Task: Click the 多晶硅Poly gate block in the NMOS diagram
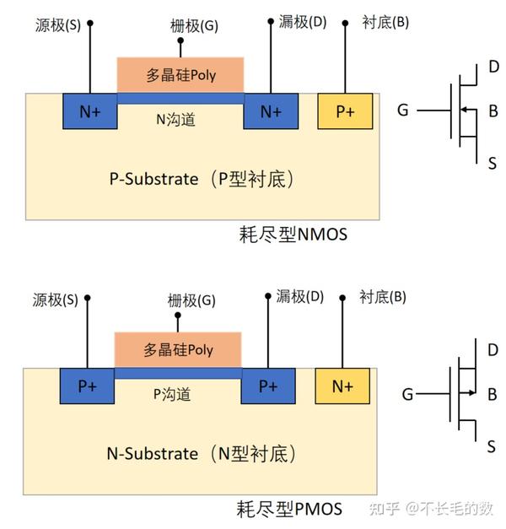tap(180, 75)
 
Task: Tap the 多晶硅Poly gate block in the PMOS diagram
tap(178, 349)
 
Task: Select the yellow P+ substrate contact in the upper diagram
tap(345, 111)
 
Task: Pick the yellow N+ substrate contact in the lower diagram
tap(342, 386)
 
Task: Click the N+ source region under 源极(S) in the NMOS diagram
tap(89, 111)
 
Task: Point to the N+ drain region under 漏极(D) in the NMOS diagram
tap(271, 111)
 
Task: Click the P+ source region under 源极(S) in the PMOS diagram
tap(87, 386)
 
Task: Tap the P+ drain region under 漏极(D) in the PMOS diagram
tap(268, 386)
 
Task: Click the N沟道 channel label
tap(175, 120)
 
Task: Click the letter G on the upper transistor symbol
tap(403, 111)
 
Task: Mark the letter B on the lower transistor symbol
tap(492, 393)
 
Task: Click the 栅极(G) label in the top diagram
tap(194, 26)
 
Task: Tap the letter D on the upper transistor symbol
tap(493, 67)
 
